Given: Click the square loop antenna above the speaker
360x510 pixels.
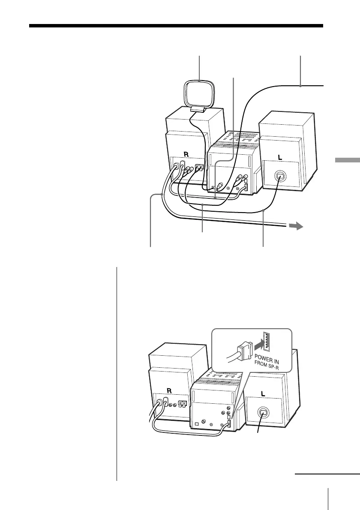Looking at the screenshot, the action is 200,93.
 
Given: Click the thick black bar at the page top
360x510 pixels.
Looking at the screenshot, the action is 176,26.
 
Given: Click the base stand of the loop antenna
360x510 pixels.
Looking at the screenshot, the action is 198,111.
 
